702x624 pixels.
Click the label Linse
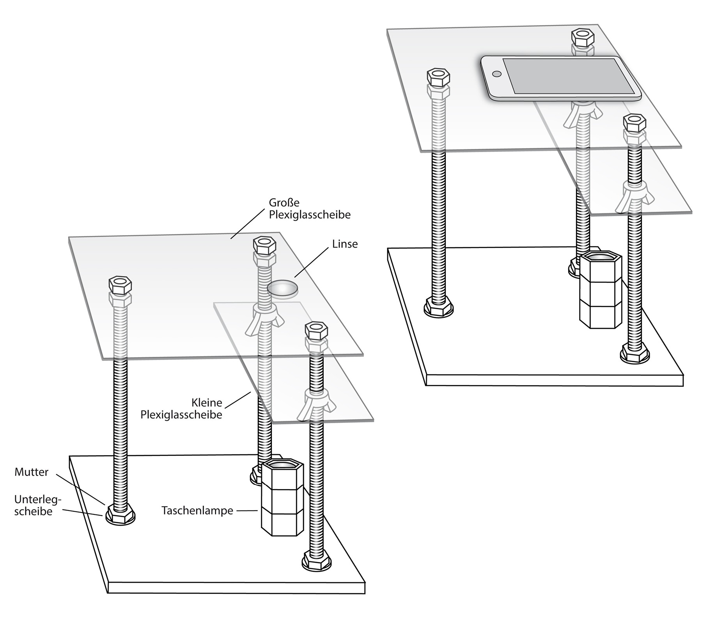click(345, 244)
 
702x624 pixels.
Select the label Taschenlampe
click(197, 511)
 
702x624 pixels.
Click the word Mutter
click(32, 472)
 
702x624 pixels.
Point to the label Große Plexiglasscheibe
click(310, 209)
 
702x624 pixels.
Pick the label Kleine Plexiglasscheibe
click(181, 408)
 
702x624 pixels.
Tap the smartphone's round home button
click(497, 73)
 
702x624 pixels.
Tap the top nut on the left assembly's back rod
click(265, 245)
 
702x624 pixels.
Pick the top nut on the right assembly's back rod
click(583, 38)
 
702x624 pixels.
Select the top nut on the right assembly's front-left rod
click(439, 77)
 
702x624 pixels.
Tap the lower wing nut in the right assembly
click(635, 197)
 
